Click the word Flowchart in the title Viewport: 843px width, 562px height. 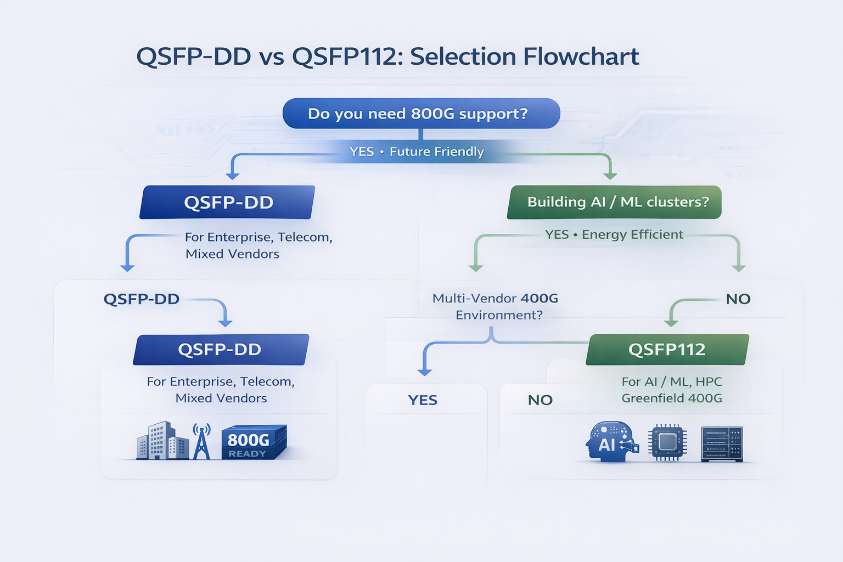pyautogui.click(x=581, y=57)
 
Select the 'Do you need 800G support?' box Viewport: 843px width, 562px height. pyautogui.click(x=421, y=114)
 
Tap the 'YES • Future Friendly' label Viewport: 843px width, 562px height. pyautogui.click(x=417, y=151)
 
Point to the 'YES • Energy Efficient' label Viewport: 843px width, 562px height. pyautogui.click(x=614, y=234)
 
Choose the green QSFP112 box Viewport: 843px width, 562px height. pyautogui.click(x=667, y=350)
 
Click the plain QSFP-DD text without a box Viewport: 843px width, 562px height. pyautogui.click(x=142, y=299)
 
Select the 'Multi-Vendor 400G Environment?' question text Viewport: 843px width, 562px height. pyautogui.click(x=496, y=306)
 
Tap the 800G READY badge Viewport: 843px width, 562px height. pyautogui.click(x=253, y=442)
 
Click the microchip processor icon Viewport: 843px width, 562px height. pyautogui.click(x=667, y=442)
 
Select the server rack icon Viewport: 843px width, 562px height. pyautogui.click(x=722, y=443)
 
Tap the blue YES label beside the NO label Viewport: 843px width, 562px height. pyautogui.click(x=423, y=400)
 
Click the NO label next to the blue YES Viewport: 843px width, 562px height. pyautogui.click(x=540, y=400)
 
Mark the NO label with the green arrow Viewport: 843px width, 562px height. pyautogui.click(x=738, y=299)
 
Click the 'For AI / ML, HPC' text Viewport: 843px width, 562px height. pyautogui.click(x=671, y=381)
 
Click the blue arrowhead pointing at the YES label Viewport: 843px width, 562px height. pyautogui.click(x=424, y=372)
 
